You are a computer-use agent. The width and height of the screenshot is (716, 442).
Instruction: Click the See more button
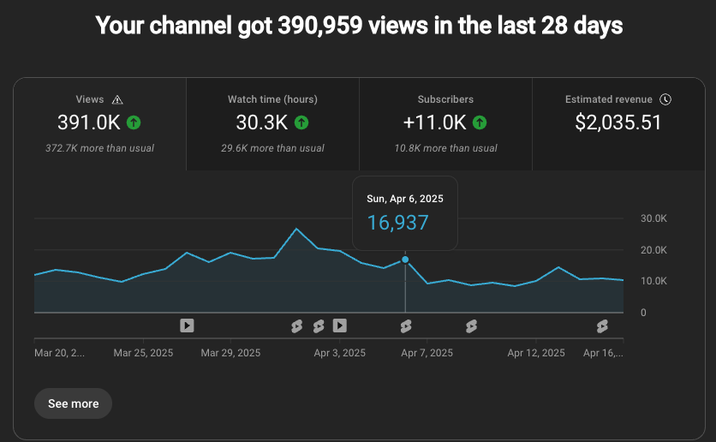[73, 403]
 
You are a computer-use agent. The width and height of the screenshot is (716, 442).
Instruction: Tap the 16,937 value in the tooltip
[397, 223]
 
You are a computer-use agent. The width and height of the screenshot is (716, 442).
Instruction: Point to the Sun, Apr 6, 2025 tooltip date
[405, 199]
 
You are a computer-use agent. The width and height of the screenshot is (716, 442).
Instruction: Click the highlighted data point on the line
[405, 260]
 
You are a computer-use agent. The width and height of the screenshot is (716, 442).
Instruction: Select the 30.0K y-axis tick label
[653, 218]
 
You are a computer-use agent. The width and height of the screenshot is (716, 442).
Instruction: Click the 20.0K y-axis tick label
[653, 250]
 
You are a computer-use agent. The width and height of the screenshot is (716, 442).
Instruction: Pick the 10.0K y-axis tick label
[653, 281]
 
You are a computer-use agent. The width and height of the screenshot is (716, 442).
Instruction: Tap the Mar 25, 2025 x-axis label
[143, 352]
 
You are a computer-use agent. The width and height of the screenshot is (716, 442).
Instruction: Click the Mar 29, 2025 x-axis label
[230, 352]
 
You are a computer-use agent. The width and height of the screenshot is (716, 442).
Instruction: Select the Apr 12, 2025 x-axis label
[536, 352]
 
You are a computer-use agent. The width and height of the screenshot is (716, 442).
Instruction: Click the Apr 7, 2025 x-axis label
[427, 352]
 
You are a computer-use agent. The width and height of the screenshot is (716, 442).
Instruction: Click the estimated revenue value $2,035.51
[618, 122]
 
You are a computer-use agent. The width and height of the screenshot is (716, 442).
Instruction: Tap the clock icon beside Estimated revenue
[665, 99]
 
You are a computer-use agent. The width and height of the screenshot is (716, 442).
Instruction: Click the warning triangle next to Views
[117, 99]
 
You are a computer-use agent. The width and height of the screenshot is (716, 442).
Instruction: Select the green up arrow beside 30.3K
[301, 122]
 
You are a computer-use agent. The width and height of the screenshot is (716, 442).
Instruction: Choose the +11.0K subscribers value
[434, 122]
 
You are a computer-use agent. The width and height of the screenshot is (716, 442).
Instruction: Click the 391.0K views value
[89, 122]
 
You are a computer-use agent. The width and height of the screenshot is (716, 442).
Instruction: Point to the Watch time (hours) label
[272, 99]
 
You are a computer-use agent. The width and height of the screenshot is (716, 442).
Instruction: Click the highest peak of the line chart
[296, 229]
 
